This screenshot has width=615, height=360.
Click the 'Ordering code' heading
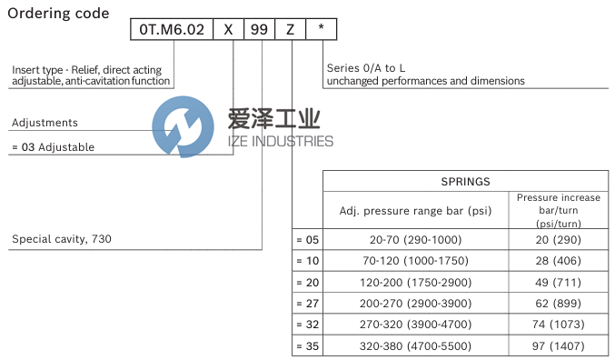[x=58, y=14]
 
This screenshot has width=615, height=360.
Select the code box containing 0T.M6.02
[x=171, y=30]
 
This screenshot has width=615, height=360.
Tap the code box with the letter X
[x=229, y=30]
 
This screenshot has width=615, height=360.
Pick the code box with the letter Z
[x=290, y=30]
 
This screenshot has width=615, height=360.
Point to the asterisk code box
[x=321, y=30]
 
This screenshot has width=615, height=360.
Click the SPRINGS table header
[x=465, y=182]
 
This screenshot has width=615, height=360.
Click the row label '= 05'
[x=308, y=239]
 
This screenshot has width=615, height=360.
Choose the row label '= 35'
[x=308, y=346]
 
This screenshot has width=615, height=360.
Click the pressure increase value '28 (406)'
[x=558, y=261]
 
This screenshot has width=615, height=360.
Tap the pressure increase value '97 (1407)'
[x=558, y=346]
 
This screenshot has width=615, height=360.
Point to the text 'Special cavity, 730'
[x=62, y=240]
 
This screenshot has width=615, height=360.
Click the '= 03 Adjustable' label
[x=53, y=146]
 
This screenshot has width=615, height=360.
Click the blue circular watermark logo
[x=178, y=127]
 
